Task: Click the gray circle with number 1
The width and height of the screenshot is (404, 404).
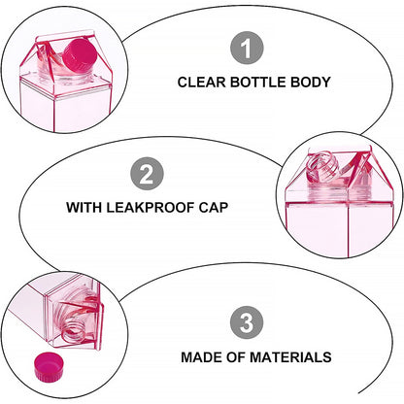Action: pos(247,48)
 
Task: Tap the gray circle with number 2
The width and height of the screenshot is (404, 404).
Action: pos(147,174)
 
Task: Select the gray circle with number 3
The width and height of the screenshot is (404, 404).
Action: pos(247,322)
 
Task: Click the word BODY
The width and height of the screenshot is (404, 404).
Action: pos(310,82)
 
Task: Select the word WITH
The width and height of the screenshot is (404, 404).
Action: pos(84,207)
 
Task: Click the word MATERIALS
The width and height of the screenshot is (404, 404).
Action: pos(290,357)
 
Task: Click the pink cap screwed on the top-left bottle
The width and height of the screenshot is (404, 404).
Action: pos(81,55)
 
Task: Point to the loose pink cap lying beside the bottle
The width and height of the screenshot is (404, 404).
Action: pos(49,366)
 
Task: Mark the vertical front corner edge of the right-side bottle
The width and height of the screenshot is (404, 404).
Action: pos(349,230)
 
